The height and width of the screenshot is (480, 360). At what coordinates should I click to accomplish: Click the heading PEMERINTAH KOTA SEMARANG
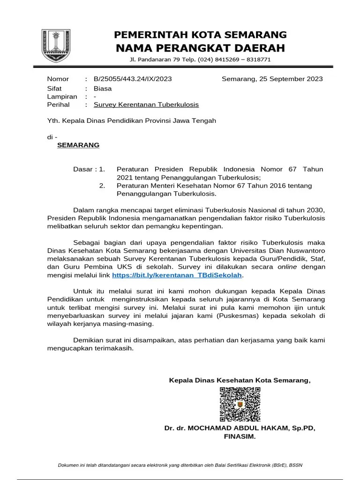[201, 35]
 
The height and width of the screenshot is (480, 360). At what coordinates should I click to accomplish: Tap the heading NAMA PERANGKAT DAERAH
[201, 48]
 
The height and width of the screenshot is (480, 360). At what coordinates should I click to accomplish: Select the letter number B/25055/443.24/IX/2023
[126, 79]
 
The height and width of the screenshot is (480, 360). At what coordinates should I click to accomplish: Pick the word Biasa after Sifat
[103, 88]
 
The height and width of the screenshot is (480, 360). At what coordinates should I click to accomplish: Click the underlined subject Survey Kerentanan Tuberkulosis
[146, 105]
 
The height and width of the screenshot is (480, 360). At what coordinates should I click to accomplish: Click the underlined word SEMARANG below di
[78, 145]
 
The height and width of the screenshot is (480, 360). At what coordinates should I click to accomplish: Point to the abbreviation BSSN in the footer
[295, 465]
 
